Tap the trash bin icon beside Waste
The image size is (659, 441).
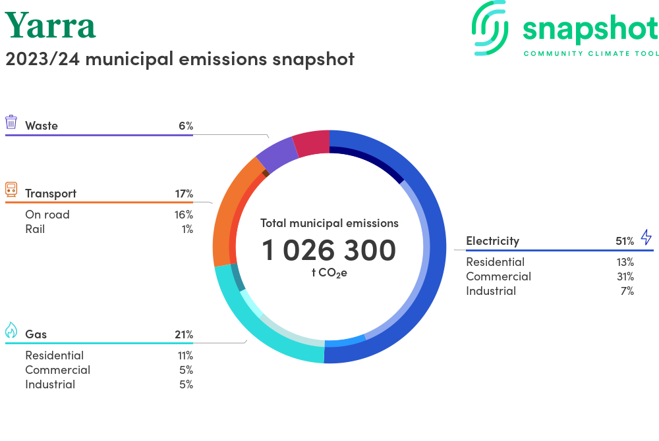pos(11,122)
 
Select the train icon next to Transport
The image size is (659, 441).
pos(11,190)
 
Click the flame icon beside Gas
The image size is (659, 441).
pos(11,330)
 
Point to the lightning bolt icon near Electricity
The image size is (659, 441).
pos(646,237)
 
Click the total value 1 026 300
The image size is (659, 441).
pos(329,250)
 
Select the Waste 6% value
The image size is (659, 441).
pos(185,126)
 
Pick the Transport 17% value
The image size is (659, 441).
pos(184,194)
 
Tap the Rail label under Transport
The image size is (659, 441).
pos(35,229)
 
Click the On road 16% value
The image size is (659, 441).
pos(184,215)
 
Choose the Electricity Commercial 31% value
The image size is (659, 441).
pos(625,276)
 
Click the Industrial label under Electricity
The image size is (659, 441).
pos(491,291)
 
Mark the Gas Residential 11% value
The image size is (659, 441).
pos(184,355)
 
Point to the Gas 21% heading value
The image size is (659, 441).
pos(184,334)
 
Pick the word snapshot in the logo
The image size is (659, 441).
pos(590,28)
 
